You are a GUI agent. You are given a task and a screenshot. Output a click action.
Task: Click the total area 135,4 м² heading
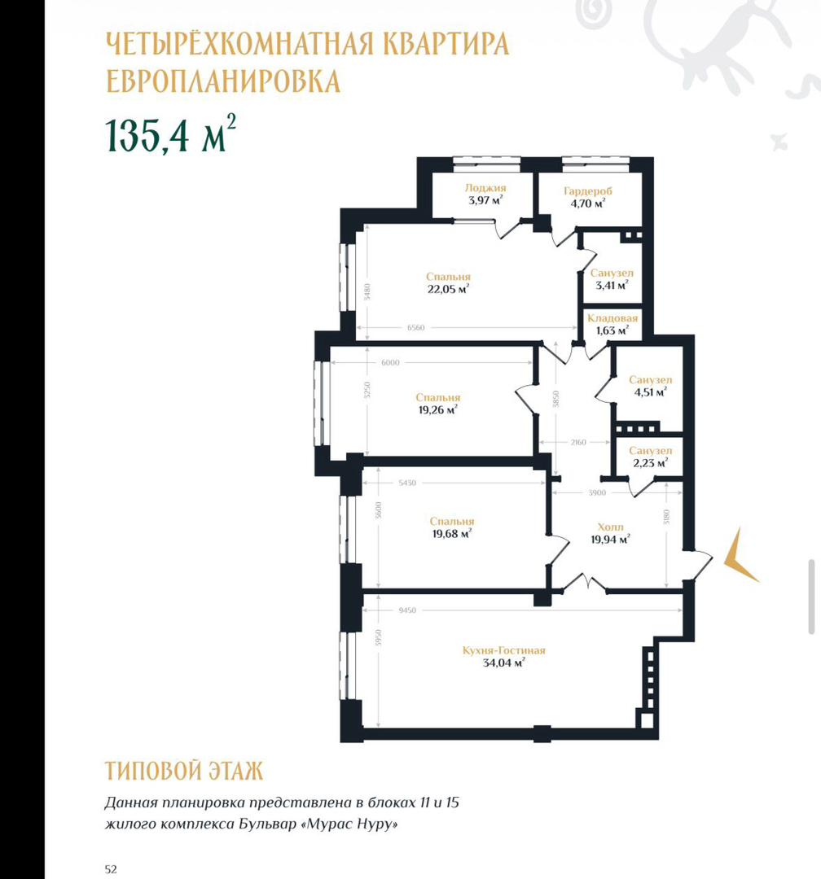coord(171,133)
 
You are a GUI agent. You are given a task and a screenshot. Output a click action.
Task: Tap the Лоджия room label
coord(485,188)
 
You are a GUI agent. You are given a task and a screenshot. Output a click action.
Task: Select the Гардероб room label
coord(588,191)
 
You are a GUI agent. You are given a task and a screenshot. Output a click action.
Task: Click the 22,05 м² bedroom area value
coord(448,289)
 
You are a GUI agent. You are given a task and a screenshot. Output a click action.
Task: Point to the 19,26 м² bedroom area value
coord(437,409)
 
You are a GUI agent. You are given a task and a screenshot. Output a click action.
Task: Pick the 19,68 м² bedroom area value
coord(452,534)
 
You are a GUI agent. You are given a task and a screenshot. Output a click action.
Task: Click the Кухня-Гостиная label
coord(504,650)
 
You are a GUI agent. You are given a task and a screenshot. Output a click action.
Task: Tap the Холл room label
coord(611,527)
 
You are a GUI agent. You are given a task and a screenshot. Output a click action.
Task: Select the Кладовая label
coord(612,318)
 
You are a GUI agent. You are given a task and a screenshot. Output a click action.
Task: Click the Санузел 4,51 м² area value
coord(651,391)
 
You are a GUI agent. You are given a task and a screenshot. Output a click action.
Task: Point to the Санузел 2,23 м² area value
coord(651,463)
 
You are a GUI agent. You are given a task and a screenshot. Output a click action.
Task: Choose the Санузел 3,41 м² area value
coord(612,286)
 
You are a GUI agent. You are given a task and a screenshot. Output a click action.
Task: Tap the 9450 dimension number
coord(407,610)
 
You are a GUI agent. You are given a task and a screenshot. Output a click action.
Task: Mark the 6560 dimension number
coord(416,327)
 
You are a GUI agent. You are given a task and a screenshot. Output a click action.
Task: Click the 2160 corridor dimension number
coord(578,442)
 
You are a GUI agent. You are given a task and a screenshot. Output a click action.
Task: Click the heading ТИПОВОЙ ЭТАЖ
coord(184,771)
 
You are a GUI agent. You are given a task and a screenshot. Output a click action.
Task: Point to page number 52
coord(111,869)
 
